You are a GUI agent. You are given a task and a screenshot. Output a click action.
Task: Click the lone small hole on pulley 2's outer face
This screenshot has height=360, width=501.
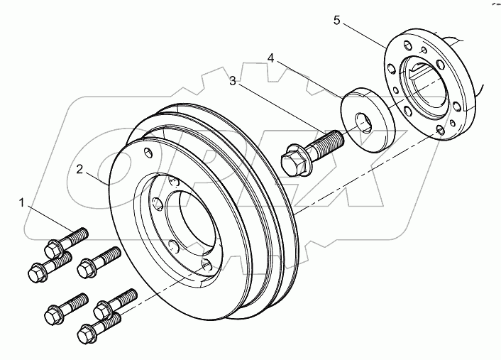(147, 153)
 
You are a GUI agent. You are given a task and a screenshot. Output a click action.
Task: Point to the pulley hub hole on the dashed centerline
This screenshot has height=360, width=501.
(206, 265)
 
